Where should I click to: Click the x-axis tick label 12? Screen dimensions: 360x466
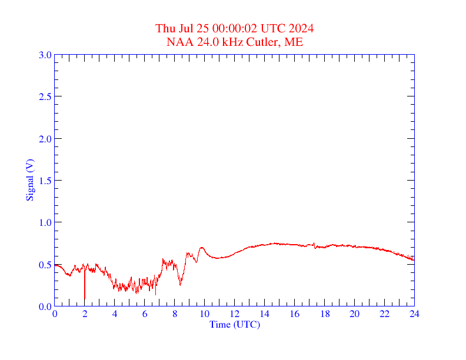tap(235, 314)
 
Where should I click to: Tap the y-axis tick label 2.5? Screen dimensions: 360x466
tap(45, 96)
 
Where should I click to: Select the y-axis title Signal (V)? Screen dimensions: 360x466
tap(29, 180)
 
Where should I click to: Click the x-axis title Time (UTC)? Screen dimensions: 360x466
tap(235, 324)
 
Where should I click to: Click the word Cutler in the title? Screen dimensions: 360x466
tap(262, 42)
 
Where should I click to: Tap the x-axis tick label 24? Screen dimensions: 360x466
tap(414, 314)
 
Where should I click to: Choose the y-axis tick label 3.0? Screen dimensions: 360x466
tap(45, 55)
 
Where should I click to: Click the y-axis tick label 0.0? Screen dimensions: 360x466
tap(45, 306)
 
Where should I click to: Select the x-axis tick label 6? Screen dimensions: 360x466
tap(145, 314)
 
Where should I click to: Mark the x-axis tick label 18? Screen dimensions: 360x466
tap(325, 314)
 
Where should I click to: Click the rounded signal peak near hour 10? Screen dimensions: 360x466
tap(202, 248)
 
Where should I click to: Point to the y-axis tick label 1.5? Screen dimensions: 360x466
tap(45, 181)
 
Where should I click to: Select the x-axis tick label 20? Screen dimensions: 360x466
tap(355, 314)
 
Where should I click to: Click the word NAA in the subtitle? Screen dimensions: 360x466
tap(178, 42)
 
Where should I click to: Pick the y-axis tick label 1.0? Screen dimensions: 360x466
tap(45, 222)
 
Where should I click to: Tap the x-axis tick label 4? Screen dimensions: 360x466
tap(115, 314)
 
